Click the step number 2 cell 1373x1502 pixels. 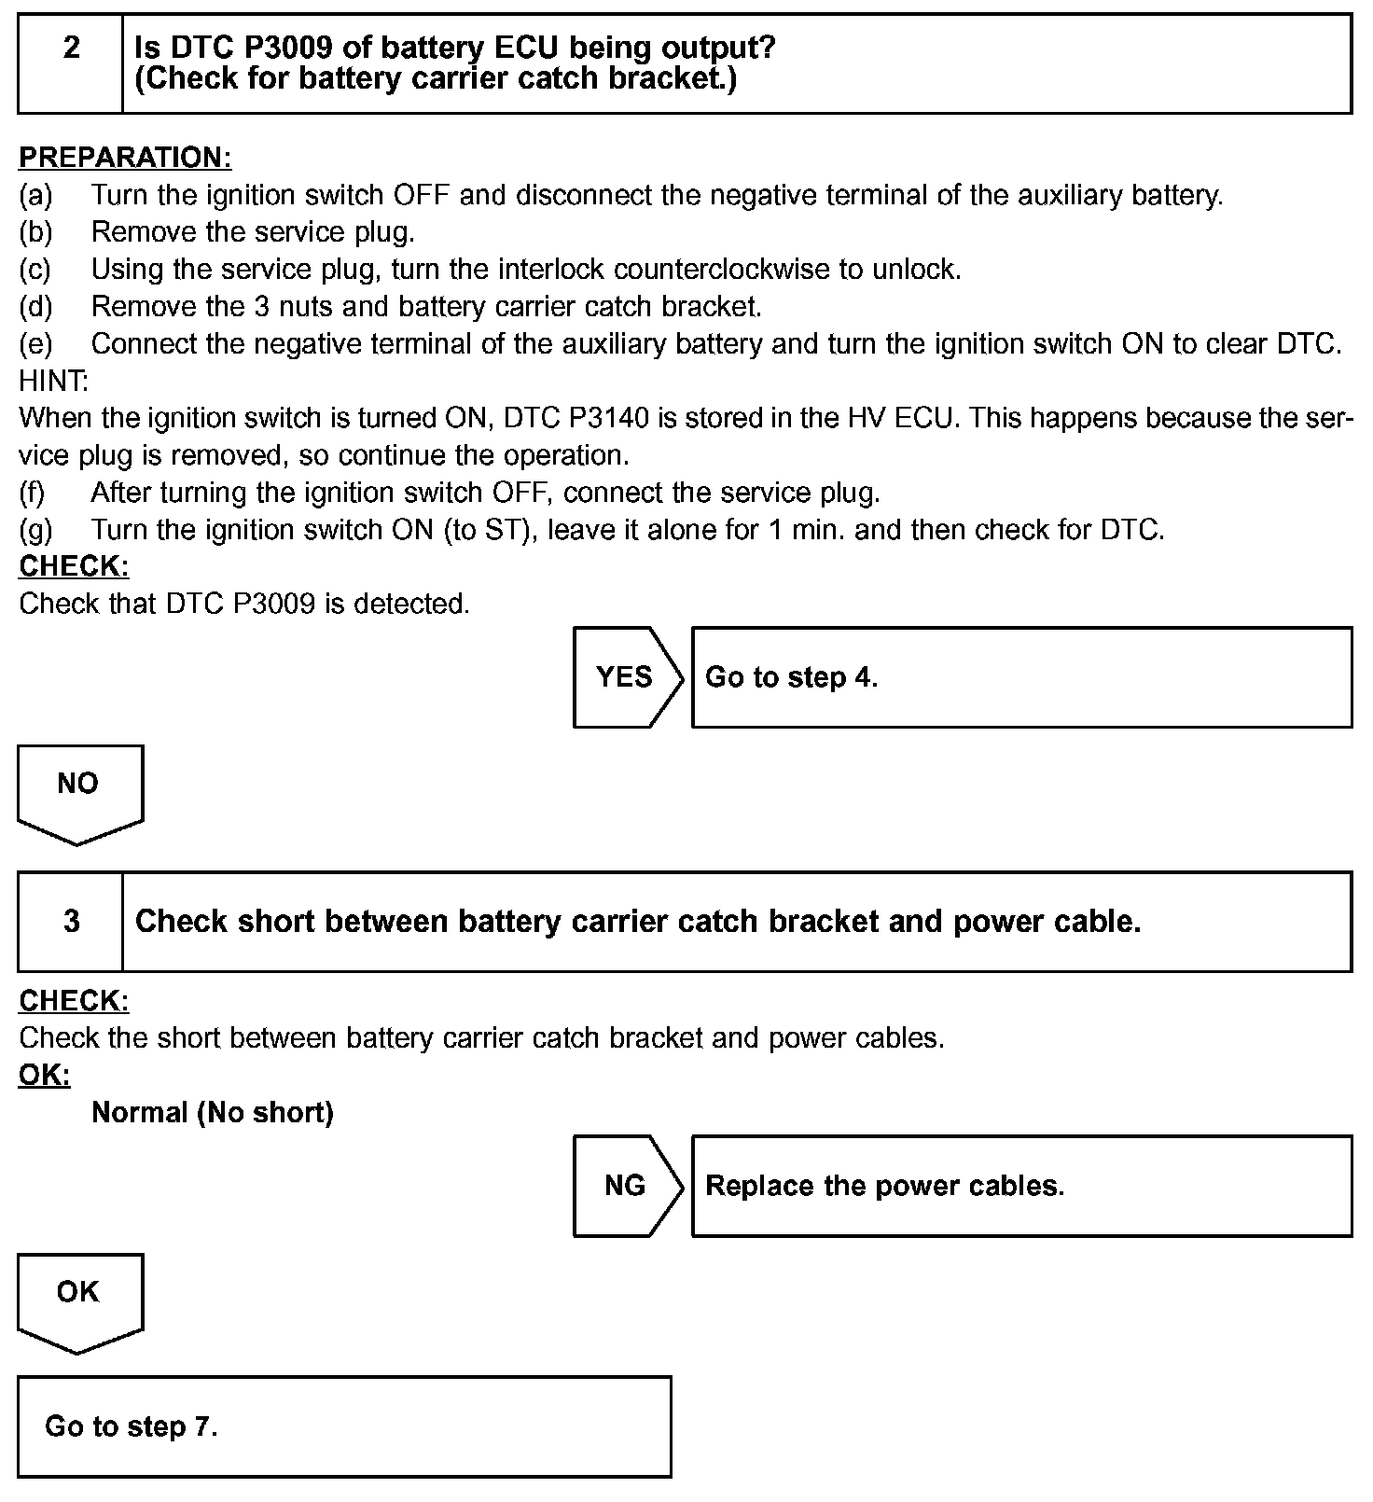(71, 63)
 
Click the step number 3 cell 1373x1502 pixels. (71, 922)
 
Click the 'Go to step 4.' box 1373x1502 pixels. (1021, 677)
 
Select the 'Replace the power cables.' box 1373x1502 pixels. (1021, 1186)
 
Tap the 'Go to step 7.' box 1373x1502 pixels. (344, 1426)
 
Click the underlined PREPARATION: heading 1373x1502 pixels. (125, 158)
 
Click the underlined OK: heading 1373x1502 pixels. (45, 1075)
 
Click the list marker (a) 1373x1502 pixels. (35, 195)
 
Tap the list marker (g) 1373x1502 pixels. (35, 530)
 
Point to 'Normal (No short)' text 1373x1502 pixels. (213, 1112)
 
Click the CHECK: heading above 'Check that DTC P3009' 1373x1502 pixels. (74, 566)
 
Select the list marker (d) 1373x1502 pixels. (35, 307)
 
